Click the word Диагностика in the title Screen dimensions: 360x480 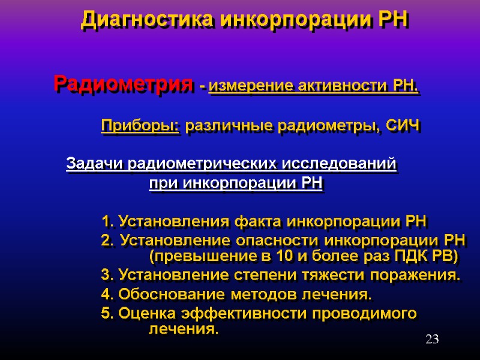click(148, 20)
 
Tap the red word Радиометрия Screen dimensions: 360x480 click(124, 84)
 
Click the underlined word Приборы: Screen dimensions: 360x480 click(140, 126)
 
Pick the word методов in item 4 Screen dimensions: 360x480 click(266, 295)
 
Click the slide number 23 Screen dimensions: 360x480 click(432, 340)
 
